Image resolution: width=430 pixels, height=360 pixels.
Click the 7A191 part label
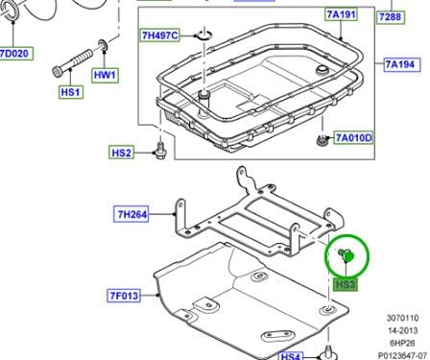[341, 14]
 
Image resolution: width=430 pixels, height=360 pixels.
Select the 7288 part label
[415, 17]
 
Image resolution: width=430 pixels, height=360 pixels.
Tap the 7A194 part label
[401, 64]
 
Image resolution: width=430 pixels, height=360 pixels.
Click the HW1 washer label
[104, 75]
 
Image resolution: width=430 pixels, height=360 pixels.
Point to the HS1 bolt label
[70, 92]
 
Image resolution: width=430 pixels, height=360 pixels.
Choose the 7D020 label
[14, 53]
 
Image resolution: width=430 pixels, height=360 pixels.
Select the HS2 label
[121, 153]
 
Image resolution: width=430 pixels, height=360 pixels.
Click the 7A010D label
[352, 138]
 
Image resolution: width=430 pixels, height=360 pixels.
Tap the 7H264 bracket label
[132, 215]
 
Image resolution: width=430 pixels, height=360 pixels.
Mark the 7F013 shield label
[124, 296]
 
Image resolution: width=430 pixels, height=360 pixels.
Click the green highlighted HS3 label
[346, 284]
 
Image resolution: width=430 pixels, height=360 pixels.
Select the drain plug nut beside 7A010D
[318, 143]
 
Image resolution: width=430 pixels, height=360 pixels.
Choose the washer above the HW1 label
[103, 45]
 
